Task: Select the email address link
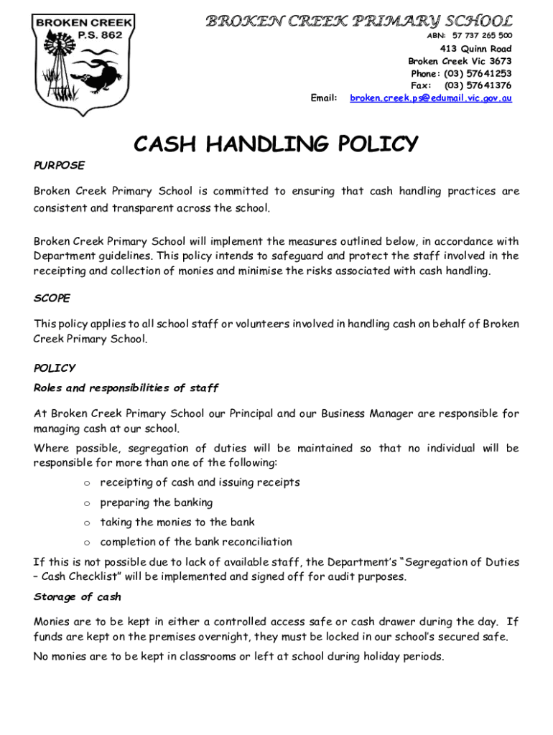[431, 98]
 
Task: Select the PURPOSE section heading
[59, 165]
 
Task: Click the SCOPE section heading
[52, 297]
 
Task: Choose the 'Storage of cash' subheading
[78, 597]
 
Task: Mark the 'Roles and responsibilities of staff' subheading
[126, 388]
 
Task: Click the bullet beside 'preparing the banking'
[85, 503]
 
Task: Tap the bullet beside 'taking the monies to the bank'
[85, 523]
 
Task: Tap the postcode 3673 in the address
[499, 61]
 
